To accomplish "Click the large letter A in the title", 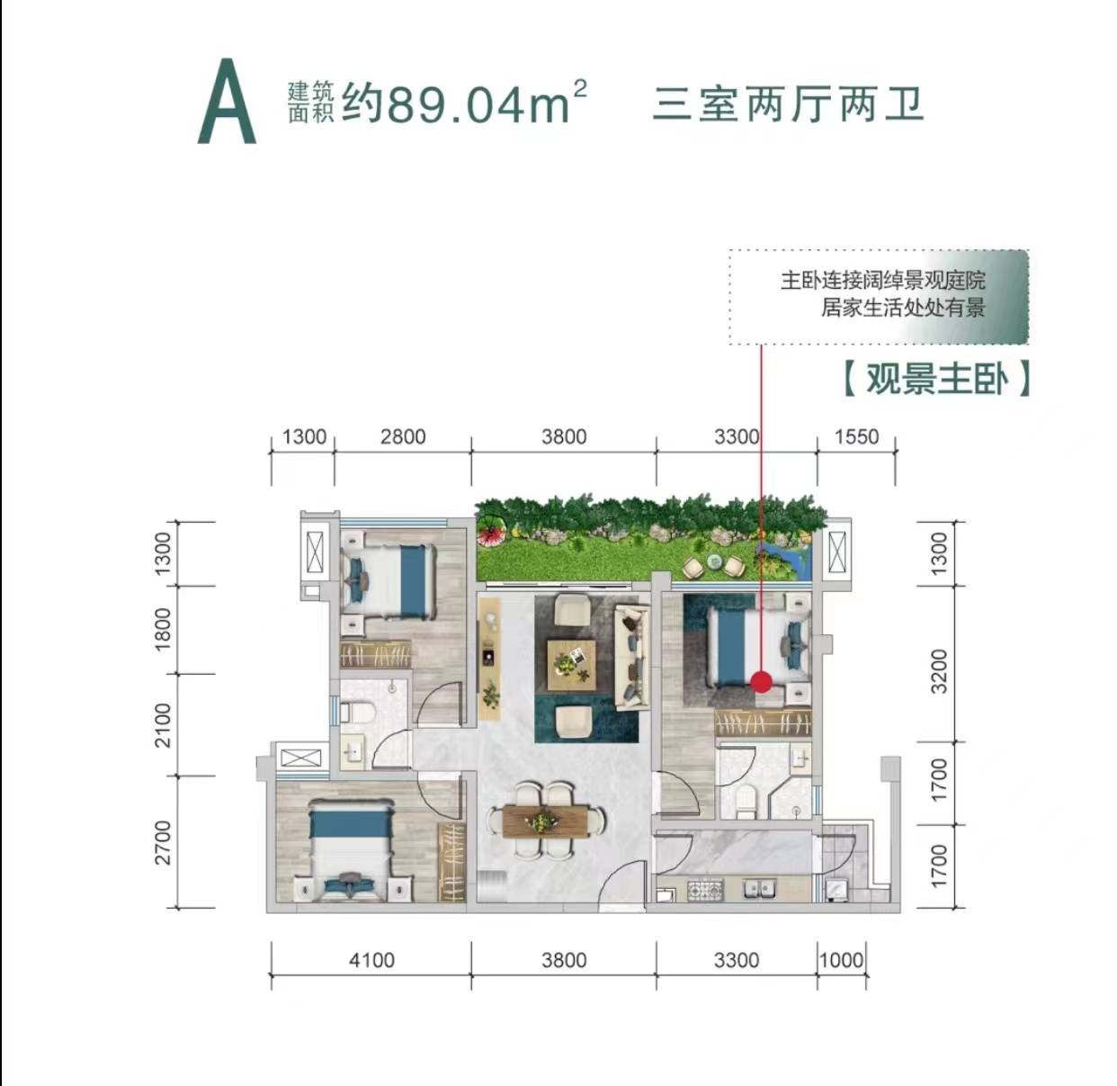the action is pyautogui.click(x=227, y=101).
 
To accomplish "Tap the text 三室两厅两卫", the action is pyautogui.click(x=788, y=105).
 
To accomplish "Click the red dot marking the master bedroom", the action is pyautogui.click(x=761, y=682).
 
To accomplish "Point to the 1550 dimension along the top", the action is pyautogui.click(x=856, y=437).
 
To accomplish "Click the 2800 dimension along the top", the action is pyautogui.click(x=403, y=437).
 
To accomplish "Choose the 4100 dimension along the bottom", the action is pyautogui.click(x=371, y=960).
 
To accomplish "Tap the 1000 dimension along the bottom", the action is pyautogui.click(x=842, y=960).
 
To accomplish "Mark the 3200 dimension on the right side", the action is pyautogui.click(x=938, y=671).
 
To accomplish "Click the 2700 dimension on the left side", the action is pyautogui.click(x=163, y=842).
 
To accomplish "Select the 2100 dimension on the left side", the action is pyautogui.click(x=163, y=725).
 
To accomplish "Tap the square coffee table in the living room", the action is pyautogui.click(x=571, y=665).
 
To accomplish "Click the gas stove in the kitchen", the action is pyautogui.click(x=705, y=890).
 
